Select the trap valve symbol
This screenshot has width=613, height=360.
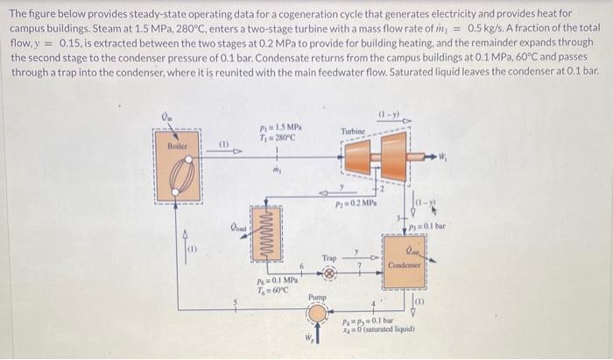[329, 272]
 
